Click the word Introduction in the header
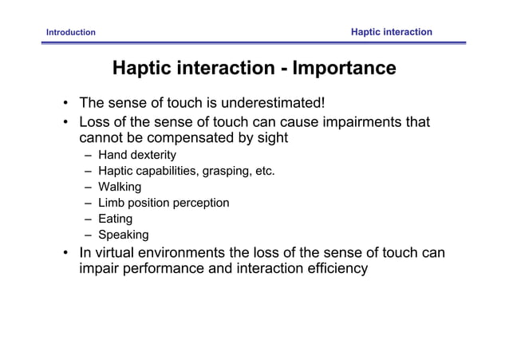point(71,33)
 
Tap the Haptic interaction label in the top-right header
point(392,32)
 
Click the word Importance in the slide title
point(344,69)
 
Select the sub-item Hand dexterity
point(136,155)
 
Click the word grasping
point(227,171)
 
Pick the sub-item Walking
point(120,187)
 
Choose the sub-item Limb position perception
point(164,203)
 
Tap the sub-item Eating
point(116,219)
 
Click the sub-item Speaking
point(123,235)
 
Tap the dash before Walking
point(87,187)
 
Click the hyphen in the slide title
point(283,69)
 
